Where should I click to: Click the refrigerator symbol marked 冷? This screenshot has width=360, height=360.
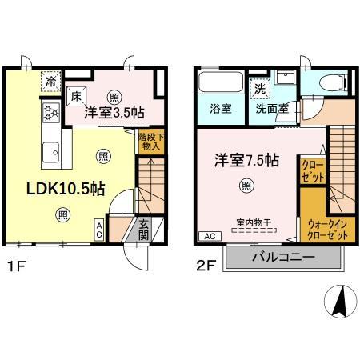pyautogui.click(x=51, y=80)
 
